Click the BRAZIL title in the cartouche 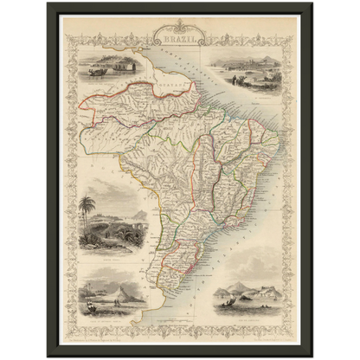[178, 40]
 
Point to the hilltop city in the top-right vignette [256, 66]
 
